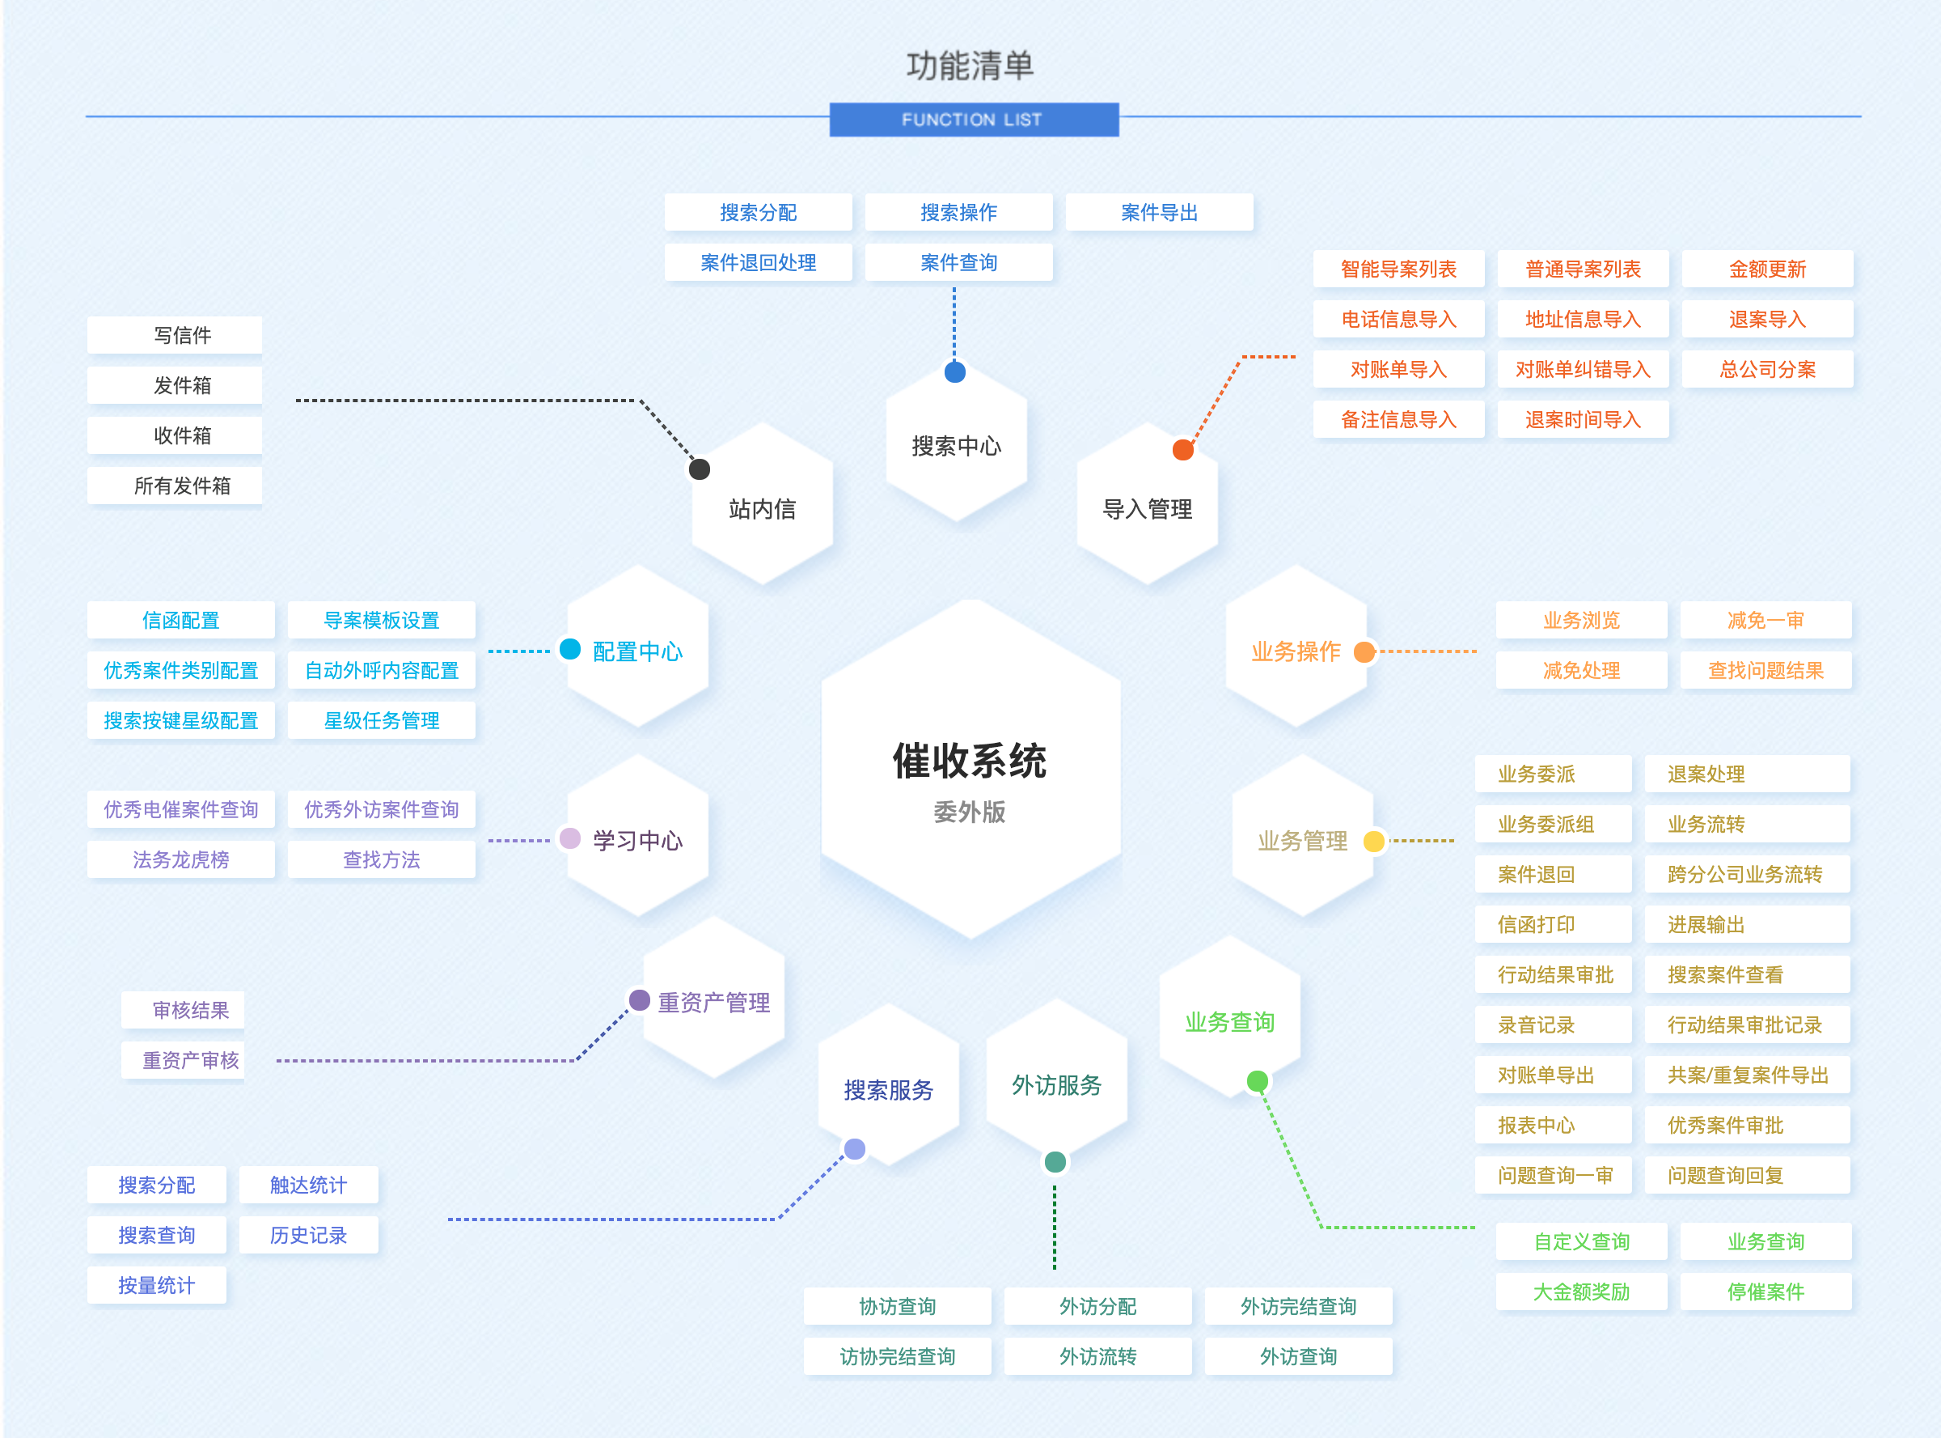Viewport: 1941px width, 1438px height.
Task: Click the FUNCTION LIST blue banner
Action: coord(973,119)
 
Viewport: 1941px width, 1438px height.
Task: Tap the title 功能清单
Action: coord(969,66)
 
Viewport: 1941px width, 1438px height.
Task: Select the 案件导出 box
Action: coord(1158,212)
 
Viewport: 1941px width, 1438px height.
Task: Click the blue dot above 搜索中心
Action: coord(954,372)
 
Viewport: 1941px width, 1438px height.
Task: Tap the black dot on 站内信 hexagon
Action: coord(699,469)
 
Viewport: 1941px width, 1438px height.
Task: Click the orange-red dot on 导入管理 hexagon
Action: coord(1182,450)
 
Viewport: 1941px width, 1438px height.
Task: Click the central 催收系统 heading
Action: coord(969,761)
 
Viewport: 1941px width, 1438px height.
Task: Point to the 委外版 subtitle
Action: coord(969,812)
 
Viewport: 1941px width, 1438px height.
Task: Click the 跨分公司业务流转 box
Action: coord(1744,874)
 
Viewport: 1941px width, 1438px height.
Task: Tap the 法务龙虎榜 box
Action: coord(181,860)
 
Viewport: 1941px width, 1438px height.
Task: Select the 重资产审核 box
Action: coord(190,1060)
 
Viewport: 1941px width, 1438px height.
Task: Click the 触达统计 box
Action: coord(308,1185)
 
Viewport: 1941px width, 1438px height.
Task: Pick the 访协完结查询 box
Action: coord(896,1356)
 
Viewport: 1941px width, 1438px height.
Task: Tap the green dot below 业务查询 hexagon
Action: coord(1256,1081)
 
